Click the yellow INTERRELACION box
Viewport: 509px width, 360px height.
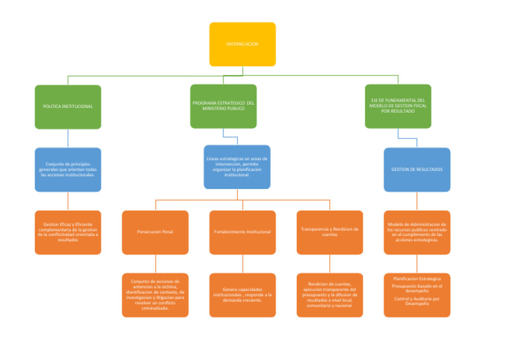pyautogui.click(x=242, y=44)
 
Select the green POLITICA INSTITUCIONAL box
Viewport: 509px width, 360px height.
pyautogui.click(x=68, y=106)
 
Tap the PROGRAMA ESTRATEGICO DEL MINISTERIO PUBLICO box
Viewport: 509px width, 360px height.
pyautogui.click(x=223, y=106)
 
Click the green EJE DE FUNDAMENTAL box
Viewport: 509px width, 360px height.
pyautogui.click(x=398, y=106)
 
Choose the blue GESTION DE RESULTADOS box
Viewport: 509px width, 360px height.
pyautogui.click(x=416, y=170)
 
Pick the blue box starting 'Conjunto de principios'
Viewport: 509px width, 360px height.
pyautogui.click(x=68, y=170)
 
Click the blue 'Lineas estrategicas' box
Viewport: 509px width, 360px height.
pyautogui.click(x=237, y=167)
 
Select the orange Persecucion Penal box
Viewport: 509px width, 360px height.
pyautogui.click(x=155, y=232)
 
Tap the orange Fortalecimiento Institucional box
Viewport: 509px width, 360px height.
pyautogui.click(x=242, y=232)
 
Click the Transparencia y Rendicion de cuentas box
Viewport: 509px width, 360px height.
pyautogui.click(x=329, y=232)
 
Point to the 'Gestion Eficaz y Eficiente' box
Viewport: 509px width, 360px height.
pyautogui.click(x=68, y=232)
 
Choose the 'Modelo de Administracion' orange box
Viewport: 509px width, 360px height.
pyautogui.click(x=416, y=232)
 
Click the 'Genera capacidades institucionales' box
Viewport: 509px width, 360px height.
pyautogui.click(x=242, y=295)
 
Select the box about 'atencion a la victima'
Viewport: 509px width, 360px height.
pyautogui.click(x=155, y=295)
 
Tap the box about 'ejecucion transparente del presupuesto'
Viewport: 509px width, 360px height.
pyautogui.click(x=329, y=295)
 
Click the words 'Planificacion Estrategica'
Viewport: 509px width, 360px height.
pyautogui.click(x=416, y=278)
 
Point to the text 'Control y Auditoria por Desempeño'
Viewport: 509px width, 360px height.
pyautogui.click(x=416, y=301)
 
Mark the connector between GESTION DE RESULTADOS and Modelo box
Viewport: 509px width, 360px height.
pyautogui.click(x=416, y=201)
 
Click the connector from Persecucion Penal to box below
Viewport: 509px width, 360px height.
pyautogui.click(x=155, y=264)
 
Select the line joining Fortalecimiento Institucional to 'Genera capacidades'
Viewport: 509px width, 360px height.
pyautogui.click(x=242, y=264)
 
